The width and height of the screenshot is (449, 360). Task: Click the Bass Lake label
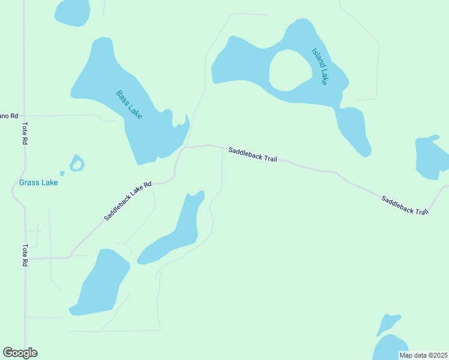coord(129,104)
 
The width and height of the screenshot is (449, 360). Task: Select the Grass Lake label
coord(38,182)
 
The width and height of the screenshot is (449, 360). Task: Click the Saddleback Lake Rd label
coord(127,201)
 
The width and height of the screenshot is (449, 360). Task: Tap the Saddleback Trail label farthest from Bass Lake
coord(405,205)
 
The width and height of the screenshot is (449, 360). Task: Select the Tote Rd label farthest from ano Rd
coord(25,255)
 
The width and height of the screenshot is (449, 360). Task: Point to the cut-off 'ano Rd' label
coord(9,115)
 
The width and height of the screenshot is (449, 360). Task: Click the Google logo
coord(20,353)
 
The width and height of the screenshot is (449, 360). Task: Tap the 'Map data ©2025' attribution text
coord(423,355)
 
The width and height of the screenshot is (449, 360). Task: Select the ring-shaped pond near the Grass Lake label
coord(77,163)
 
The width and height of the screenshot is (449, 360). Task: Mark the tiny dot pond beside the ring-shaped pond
coord(62,173)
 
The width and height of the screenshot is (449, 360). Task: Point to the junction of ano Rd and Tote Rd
coord(24,115)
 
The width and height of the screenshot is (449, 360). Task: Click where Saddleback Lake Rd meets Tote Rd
coord(25,259)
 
